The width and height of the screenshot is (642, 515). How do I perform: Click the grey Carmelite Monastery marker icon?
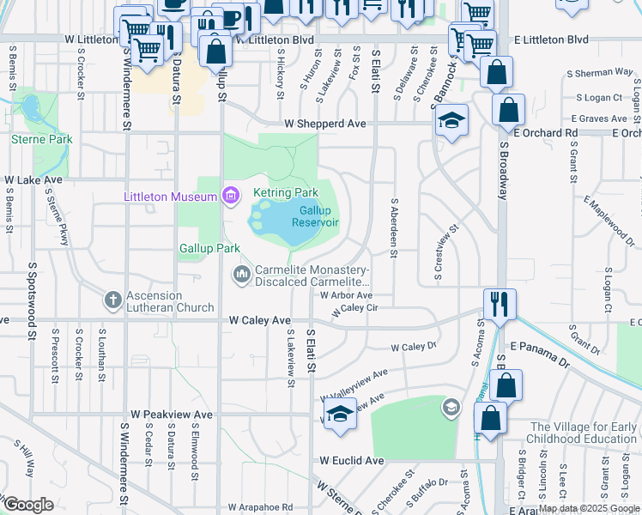[241, 274]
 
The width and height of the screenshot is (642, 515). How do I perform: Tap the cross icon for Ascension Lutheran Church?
[112, 300]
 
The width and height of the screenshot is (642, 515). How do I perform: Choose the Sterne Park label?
[40, 138]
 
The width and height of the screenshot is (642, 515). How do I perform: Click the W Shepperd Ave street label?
[325, 124]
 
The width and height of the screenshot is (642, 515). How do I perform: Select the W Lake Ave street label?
[33, 180]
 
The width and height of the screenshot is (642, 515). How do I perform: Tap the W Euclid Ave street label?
[351, 461]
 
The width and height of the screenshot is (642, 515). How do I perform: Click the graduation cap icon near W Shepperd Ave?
[451, 122]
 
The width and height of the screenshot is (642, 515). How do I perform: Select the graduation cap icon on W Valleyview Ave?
[340, 414]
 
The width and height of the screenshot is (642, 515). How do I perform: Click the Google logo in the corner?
[29, 505]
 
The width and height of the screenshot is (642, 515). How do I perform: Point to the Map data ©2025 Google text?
[589, 509]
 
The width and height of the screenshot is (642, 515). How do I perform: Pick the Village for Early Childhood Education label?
[583, 433]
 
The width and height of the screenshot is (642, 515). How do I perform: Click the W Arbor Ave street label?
[346, 295]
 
